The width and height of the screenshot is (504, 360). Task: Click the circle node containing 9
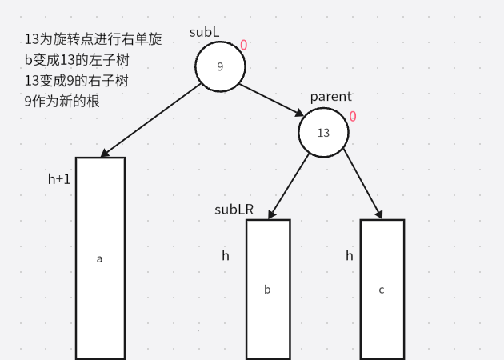pyautogui.click(x=220, y=66)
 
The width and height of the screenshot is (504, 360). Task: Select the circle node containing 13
pyautogui.click(x=323, y=132)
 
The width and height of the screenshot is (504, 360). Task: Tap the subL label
pyautogui.click(x=204, y=32)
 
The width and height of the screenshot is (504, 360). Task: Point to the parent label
pyautogui.click(x=330, y=97)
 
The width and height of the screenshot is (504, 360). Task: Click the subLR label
pyautogui.click(x=234, y=210)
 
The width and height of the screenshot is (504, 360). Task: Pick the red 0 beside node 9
pyautogui.click(x=243, y=45)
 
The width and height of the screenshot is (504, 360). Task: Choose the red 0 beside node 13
pyautogui.click(x=352, y=117)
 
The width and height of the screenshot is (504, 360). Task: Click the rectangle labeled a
pyautogui.click(x=100, y=258)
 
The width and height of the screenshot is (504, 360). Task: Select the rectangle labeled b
pyautogui.click(x=267, y=289)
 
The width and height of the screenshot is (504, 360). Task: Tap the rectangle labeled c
pyautogui.click(x=382, y=289)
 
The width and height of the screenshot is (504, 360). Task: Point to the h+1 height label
pyautogui.click(x=59, y=179)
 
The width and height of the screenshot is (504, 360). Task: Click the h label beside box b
pyautogui.click(x=226, y=256)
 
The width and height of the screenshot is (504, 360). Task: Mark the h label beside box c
pyautogui.click(x=350, y=256)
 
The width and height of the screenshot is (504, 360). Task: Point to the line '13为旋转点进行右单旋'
pyautogui.click(x=93, y=39)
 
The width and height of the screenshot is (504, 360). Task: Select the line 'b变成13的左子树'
pyautogui.click(x=78, y=60)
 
